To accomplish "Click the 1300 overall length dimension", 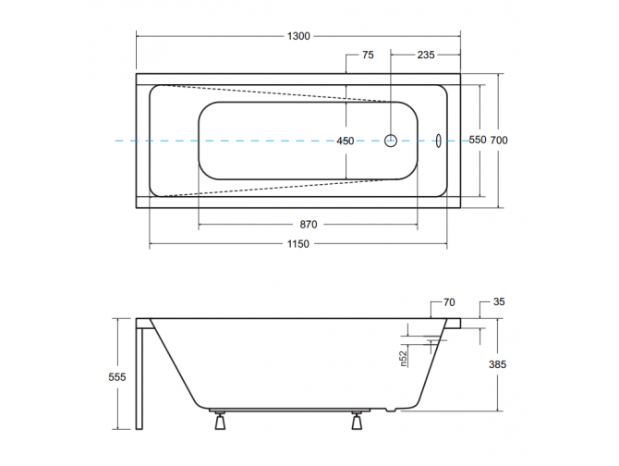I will tap(297, 36).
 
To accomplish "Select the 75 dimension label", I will tap(368, 55).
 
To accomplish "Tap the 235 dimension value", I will tap(426, 55).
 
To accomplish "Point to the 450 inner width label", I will tap(345, 141).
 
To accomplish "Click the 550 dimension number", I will tap(477, 141).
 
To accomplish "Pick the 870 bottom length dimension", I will tap(309, 225).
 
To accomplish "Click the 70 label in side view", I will tap(450, 301).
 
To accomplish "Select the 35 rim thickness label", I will tap(499, 301).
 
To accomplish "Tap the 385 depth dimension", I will tap(499, 365).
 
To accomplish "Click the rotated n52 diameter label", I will tap(403, 358).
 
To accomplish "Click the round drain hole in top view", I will tap(391, 141).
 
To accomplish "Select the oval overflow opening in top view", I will tap(439, 141).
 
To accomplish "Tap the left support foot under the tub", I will tap(219, 421).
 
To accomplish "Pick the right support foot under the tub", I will tap(357, 421).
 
